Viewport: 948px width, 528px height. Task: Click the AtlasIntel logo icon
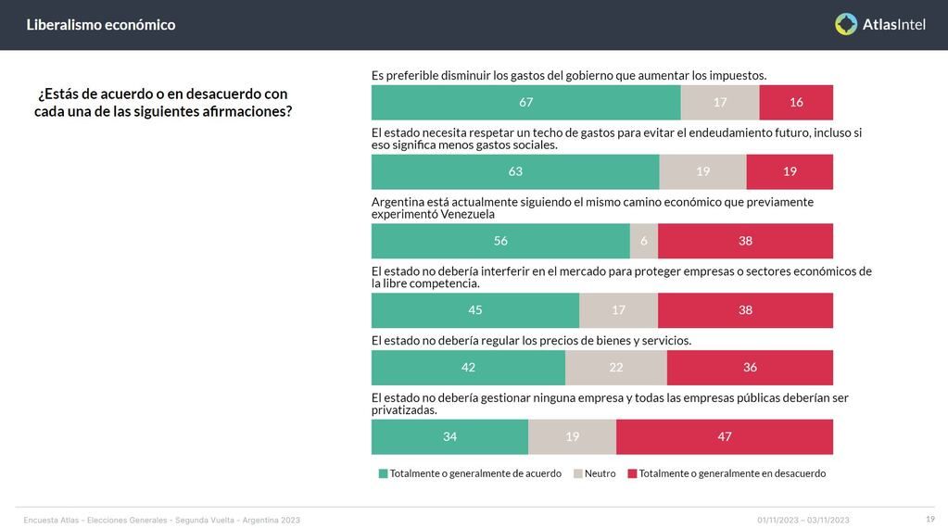846,24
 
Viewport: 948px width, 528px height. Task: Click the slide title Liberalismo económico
101,25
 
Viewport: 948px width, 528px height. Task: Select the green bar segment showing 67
525,102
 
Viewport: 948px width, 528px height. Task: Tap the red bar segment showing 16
796,102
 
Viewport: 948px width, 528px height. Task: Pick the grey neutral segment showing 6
644,241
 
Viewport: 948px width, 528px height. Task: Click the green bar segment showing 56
500,241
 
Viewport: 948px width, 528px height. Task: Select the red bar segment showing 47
725,436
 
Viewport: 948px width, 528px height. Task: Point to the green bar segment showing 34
449,436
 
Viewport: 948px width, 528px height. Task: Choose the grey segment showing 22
616,368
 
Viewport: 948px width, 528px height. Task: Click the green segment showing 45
475,310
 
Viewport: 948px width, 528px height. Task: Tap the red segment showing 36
750,368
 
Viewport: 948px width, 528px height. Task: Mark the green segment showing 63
515,171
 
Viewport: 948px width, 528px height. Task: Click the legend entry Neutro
600,473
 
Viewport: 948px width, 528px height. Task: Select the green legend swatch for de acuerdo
384,473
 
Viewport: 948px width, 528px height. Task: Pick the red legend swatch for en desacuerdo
633,473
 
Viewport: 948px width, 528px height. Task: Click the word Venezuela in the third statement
467,214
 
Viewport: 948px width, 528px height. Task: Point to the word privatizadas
404,409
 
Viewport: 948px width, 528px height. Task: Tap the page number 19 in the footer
929,519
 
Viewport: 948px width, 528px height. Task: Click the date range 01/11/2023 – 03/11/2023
803,520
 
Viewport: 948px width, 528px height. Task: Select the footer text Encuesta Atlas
52,520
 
